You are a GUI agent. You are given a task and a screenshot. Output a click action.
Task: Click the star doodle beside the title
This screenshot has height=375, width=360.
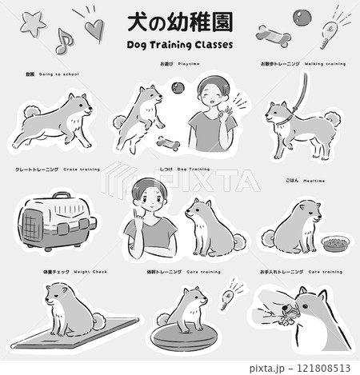34,24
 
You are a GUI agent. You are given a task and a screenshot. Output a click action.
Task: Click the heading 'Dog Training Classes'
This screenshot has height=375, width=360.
180,45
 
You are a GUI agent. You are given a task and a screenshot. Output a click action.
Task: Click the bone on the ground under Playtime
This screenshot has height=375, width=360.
169,144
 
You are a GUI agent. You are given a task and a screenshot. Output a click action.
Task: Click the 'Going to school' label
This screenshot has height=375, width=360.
53,74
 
